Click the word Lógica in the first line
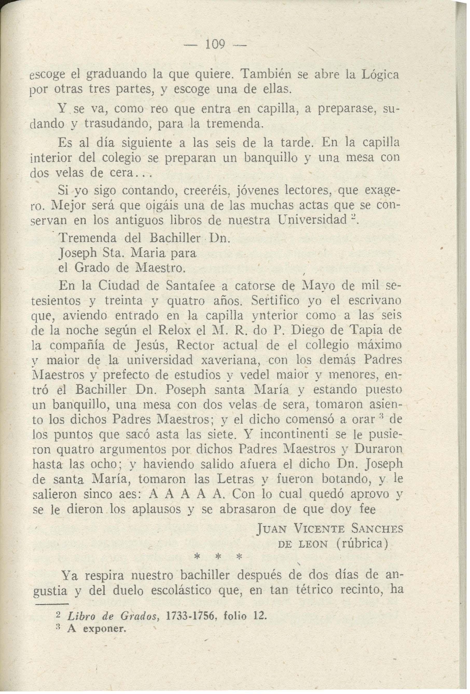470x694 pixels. pos(380,74)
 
